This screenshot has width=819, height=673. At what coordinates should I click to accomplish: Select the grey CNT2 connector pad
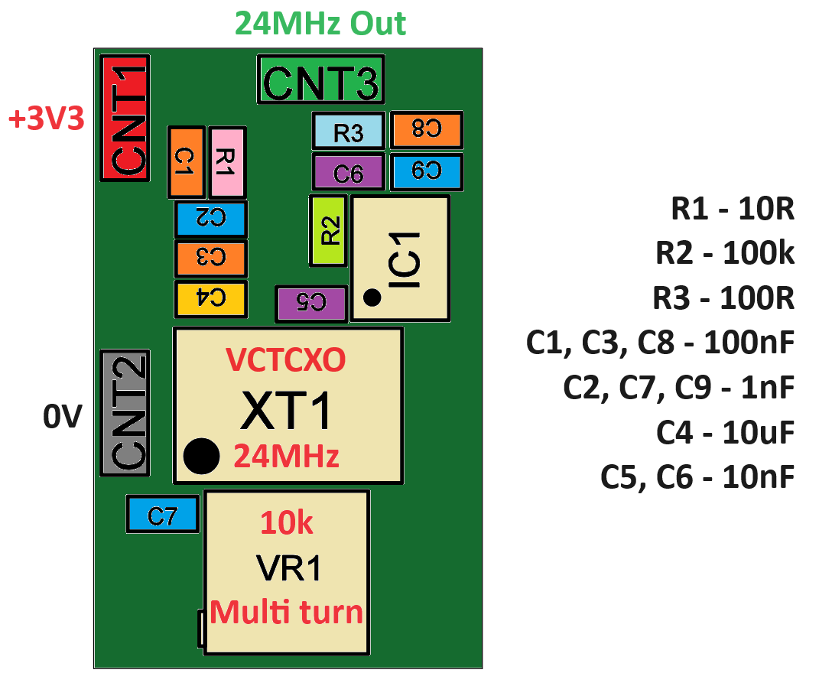pyautogui.click(x=125, y=413)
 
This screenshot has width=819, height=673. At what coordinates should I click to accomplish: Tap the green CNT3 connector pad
pyautogui.click(x=320, y=80)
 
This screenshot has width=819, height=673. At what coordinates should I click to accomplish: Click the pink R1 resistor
pyautogui.click(x=227, y=161)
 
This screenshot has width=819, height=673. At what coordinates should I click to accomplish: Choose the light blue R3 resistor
pyautogui.click(x=348, y=131)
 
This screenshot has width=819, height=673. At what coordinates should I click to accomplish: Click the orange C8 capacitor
pyautogui.click(x=427, y=130)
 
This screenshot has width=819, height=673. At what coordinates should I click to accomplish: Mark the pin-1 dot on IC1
pyautogui.click(x=372, y=298)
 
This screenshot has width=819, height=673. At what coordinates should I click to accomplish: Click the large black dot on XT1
pyautogui.click(x=202, y=457)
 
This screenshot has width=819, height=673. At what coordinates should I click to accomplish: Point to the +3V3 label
pyautogui.click(x=46, y=119)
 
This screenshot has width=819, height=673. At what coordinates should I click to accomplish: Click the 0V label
pyautogui.click(x=62, y=418)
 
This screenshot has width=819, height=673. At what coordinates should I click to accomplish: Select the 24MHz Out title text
pyautogui.click(x=320, y=24)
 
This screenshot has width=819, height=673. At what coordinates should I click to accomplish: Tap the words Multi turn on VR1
pyautogui.click(x=287, y=613)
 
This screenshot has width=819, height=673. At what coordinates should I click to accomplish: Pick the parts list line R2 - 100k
pyautogui.click(x=725, y=253)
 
